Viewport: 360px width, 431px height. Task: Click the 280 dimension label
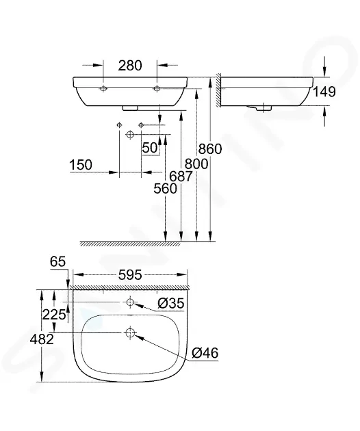coord(130,66)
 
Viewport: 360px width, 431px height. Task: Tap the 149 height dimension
coord(324,92)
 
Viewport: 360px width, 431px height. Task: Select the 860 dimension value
coord(210,149)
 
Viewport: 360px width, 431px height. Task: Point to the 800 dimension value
coord(196,164)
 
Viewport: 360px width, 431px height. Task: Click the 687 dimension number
coord(181,177)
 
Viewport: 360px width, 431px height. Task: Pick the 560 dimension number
coord(165,189)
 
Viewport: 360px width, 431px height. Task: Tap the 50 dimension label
coord(150,148)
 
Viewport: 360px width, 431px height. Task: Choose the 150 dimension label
coord(81,165)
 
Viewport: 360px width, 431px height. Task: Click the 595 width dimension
coord(130,274)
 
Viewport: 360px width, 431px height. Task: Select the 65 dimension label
coord(57,261)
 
